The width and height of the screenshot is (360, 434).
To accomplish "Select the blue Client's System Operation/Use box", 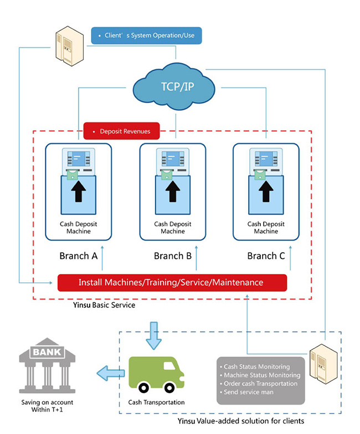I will click(x=146, y=35).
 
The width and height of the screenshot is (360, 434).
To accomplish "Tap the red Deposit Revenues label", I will click(x=121, y=131).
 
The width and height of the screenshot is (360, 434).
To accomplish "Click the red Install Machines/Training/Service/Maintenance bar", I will click(x=172, y=282).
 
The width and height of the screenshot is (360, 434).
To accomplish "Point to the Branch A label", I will click(x=78, y=256).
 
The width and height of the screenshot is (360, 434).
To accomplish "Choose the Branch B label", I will click(x=172, y=256).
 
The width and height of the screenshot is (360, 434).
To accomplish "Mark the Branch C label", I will click(x=266, y=256).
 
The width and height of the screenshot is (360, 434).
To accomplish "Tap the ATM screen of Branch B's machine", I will click(x=172, y=159).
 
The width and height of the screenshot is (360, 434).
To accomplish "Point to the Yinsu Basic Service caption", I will click(x=104, y=305).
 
